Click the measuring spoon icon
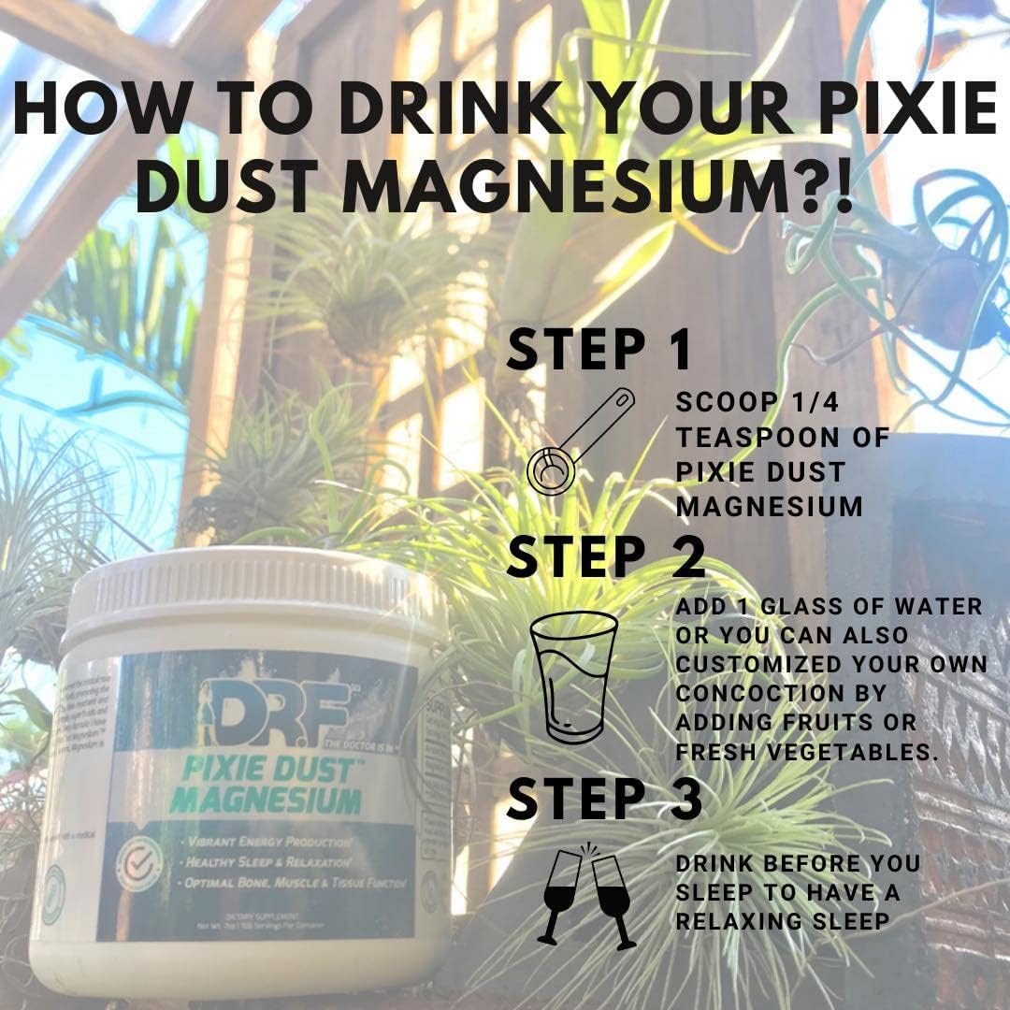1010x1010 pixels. click(581, 440)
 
